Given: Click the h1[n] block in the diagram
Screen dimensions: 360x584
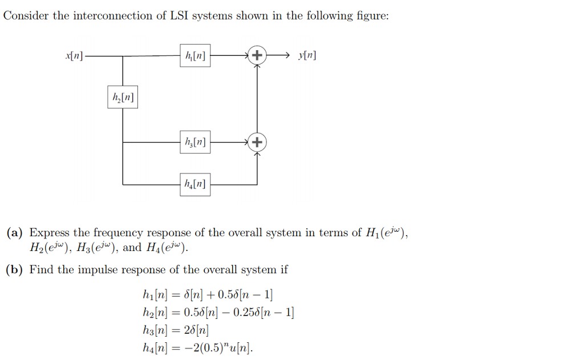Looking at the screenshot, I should pyautogui.click(x=195, y=56).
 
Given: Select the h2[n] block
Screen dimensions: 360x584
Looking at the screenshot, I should pyautogui.click(x=123, y=97).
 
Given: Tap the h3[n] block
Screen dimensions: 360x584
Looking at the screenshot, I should pyautogui.click(x=195, y=141).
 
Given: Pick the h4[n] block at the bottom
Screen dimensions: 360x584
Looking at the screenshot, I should pyautogui.click(x=195, y=184).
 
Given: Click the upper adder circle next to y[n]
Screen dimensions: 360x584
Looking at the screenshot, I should pyautogui.click(x=257, y=56).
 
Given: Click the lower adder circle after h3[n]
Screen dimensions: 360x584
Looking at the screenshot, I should pyautogui.click(x=257, y=141).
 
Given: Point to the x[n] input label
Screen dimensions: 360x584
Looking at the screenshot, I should pyautogui.click(x=74, y=56).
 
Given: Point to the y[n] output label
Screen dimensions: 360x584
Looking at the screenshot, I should pyautogui.click(x=307, y=56).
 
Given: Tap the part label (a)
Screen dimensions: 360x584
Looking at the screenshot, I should pyautogui.click(x=15, y=233).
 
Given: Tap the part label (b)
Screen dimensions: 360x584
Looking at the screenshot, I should pyautogui.click(x=15, y=270).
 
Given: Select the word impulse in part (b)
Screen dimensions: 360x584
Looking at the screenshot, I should pyautogui.click(x=99, y=270).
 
